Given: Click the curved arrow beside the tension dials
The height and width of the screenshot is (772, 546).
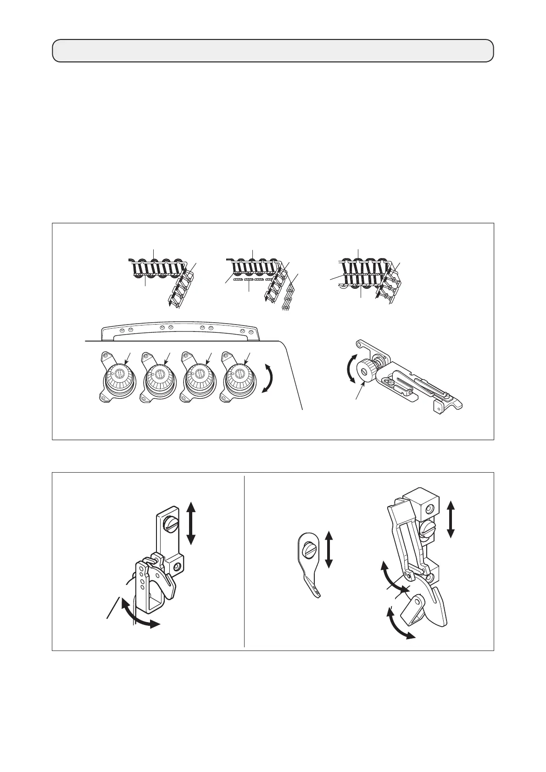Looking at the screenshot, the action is click(x=267, y=375).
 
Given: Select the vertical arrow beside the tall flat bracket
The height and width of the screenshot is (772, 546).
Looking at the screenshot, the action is click(x=191, y=523).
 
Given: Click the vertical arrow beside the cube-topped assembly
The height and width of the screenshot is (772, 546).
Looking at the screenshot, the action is click(x=451, y=519).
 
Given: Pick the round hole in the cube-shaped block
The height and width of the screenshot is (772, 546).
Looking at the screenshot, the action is click(x=429, y=509).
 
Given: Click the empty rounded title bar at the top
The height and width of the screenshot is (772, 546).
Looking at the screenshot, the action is click(x=273, y=50).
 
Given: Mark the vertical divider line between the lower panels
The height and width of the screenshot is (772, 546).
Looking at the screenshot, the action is click(x=244, y=561).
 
